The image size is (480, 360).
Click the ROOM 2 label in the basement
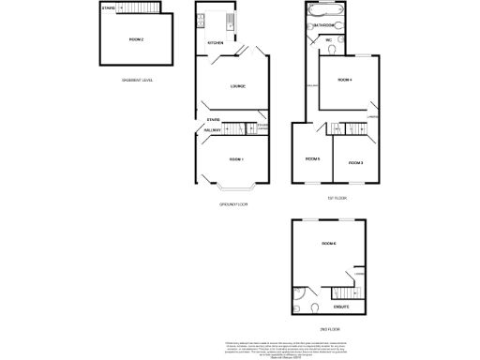(136, 40)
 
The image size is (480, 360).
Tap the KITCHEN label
(215, 43)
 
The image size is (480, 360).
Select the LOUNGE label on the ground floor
(238, 86)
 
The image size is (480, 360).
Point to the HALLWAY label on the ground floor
(213, 129)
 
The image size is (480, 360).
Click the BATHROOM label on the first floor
(324, 24)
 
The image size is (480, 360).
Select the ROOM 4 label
(344, 80)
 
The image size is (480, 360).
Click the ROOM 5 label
(312, 158)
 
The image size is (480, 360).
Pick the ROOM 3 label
(355, 162)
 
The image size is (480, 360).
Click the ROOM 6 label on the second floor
(328, 244)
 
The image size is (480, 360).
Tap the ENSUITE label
(341, 307)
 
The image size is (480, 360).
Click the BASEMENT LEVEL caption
(137, 80)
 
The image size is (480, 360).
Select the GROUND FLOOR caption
(233, 203)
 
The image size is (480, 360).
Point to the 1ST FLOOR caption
(337, 198)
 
